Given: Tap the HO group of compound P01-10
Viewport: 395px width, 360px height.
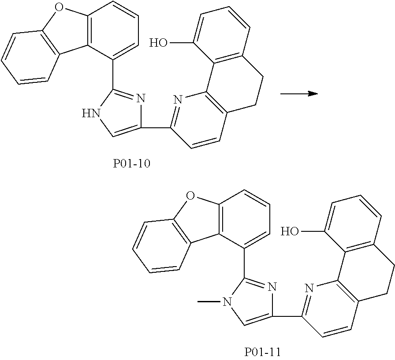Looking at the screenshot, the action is (x=159, y=43).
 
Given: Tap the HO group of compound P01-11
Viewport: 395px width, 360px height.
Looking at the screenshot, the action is (x=291, y=231).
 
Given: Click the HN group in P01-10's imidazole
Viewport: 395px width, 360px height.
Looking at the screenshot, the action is (x=91, y=114).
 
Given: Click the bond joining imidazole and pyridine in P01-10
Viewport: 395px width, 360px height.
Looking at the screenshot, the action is (x=156, y=129).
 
